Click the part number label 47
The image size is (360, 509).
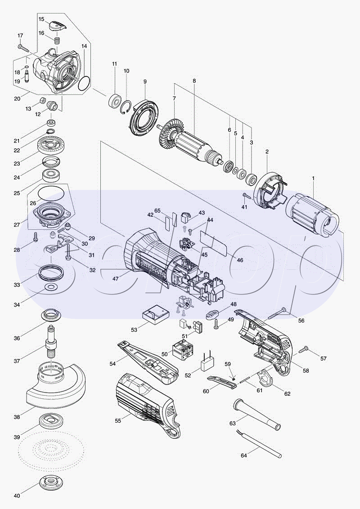coord(116,279)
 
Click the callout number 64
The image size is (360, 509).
coord(244,455)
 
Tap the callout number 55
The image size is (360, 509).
coord(118,421)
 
